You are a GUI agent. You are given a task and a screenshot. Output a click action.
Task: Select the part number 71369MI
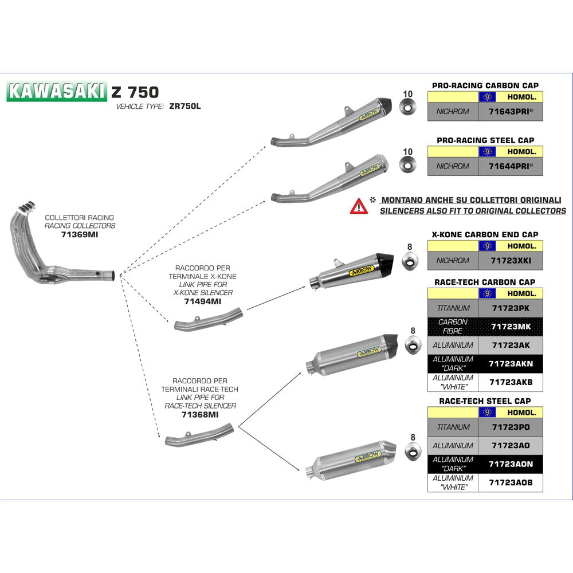80,234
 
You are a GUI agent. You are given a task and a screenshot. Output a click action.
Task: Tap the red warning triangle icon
359,206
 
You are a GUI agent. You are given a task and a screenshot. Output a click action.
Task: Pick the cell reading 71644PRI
511,166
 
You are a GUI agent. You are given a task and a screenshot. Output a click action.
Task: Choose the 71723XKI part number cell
511,260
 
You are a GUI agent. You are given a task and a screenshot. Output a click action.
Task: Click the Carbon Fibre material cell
453,326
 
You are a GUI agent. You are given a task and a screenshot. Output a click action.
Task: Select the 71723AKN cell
511,364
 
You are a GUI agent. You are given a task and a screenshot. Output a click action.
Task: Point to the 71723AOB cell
511,482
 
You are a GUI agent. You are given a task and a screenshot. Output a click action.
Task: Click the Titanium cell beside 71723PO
453,427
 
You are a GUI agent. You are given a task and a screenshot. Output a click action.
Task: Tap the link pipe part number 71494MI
203,301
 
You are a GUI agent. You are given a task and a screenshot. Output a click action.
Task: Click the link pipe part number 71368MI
199,414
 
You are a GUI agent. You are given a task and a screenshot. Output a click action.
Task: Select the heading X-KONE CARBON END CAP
485,234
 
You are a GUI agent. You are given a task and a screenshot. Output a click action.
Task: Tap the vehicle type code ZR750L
185,107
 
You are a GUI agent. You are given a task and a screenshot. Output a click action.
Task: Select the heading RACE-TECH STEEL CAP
485,401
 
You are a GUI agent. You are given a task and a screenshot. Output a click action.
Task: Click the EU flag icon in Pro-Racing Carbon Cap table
487,97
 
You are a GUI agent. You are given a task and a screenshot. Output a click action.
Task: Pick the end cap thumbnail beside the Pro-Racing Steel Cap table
408,166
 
